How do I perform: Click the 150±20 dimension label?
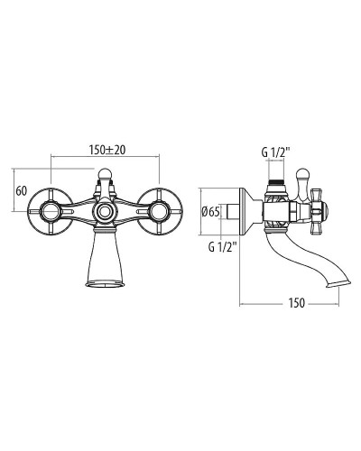point(107,150)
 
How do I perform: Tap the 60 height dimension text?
point(22,190)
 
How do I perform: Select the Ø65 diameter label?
point(210,212)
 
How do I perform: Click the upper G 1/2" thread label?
point(275,152)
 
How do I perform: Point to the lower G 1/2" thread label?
point(223,247)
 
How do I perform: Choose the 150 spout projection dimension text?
point(297,303)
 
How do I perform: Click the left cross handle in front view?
point(51,211)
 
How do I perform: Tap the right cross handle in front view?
point(160,211)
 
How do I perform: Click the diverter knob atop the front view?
point(105,173)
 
